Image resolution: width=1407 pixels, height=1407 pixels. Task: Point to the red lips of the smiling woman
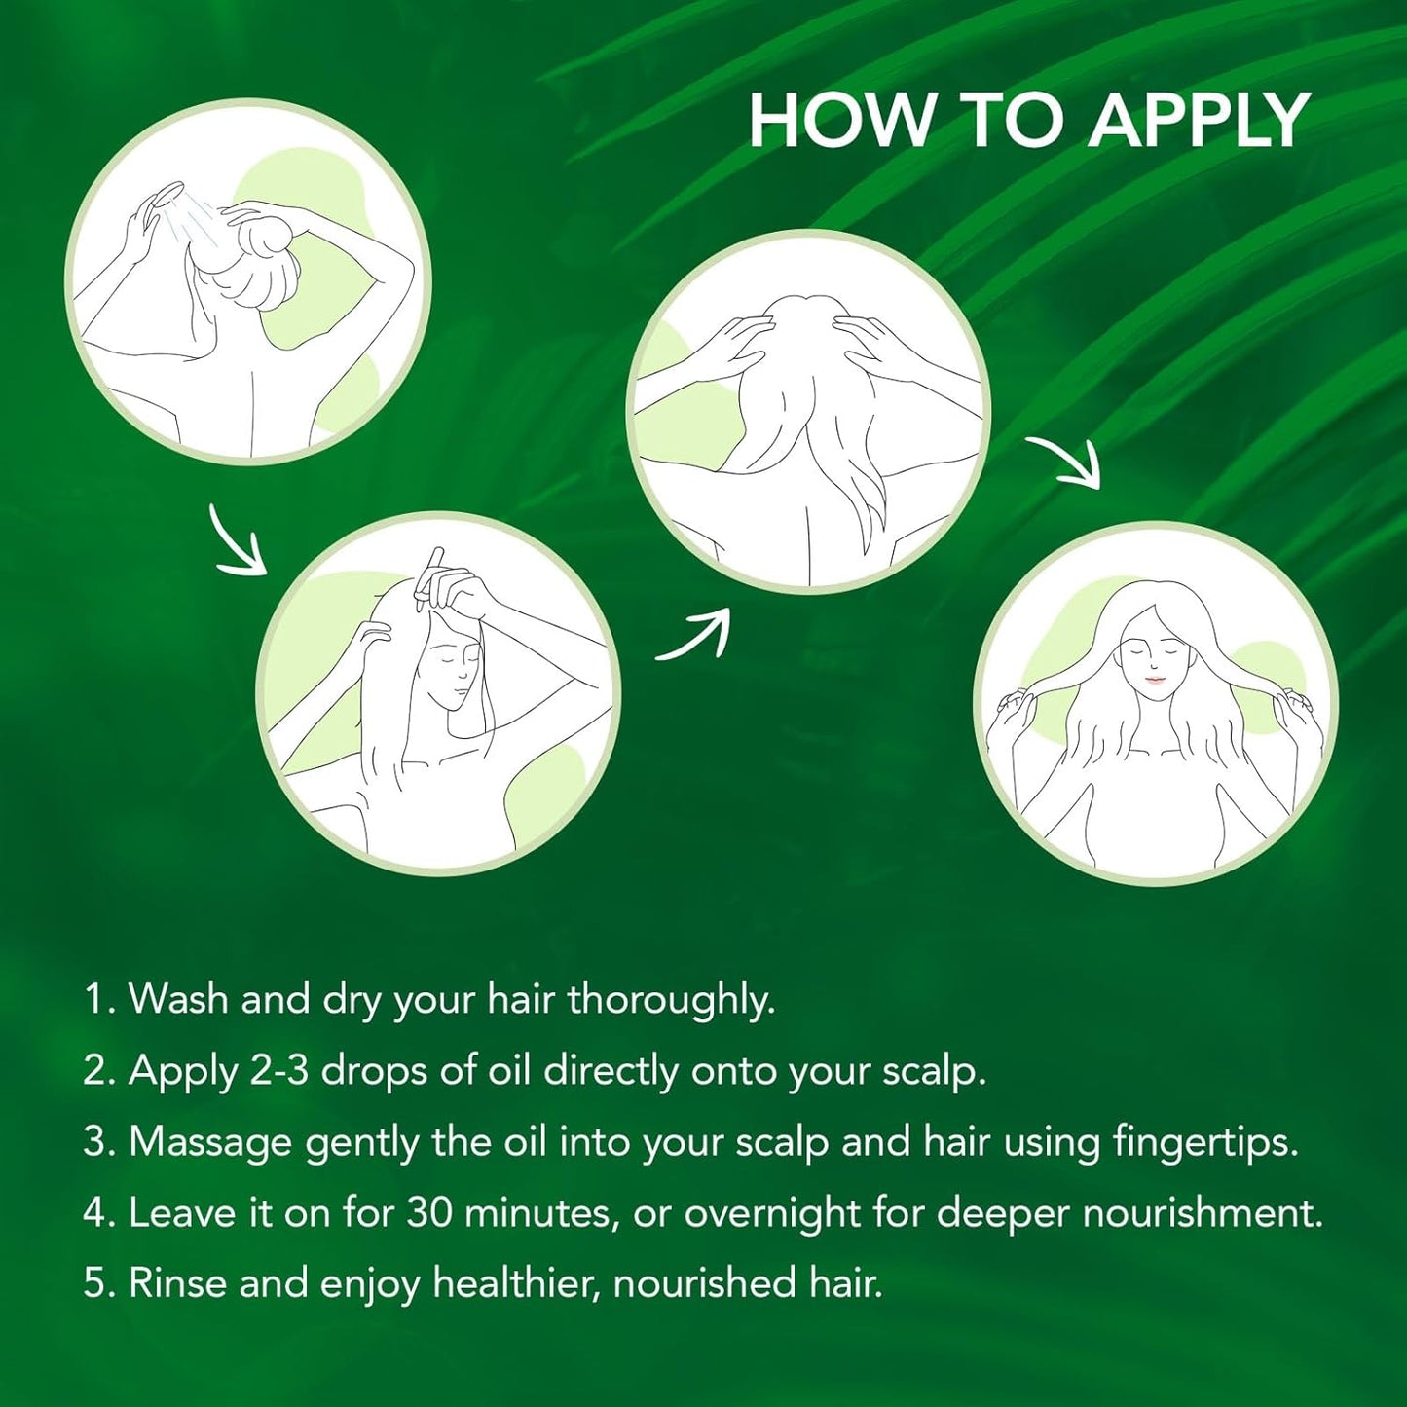1155,680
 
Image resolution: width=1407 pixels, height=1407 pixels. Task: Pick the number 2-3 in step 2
278,1071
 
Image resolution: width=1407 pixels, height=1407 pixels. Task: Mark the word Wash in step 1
179,1000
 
